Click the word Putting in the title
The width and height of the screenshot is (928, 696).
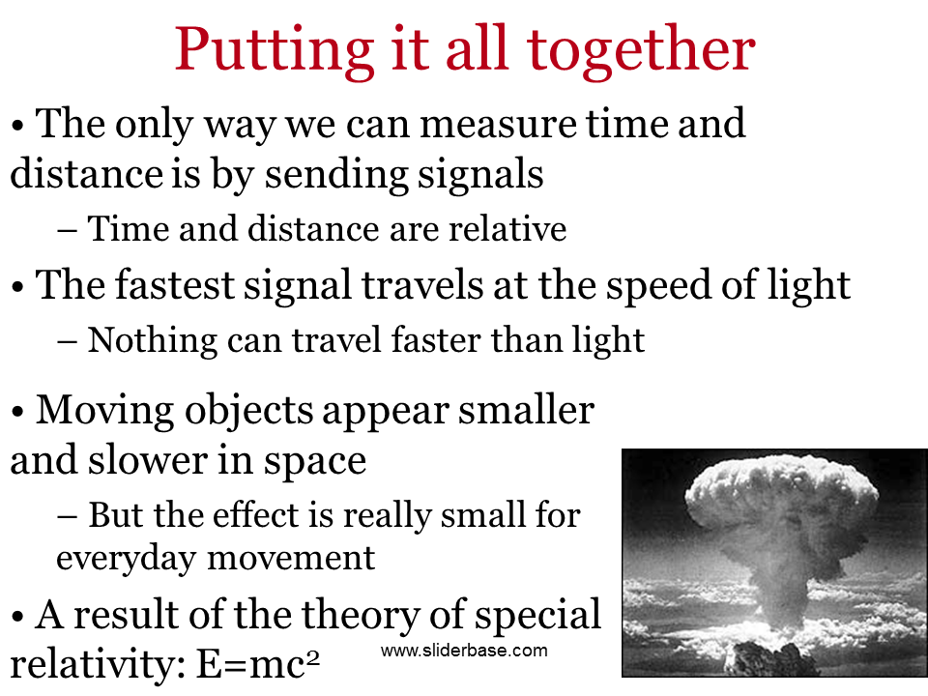point(274,51)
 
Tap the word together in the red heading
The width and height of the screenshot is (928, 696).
point(641,51)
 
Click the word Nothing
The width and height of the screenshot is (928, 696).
point(152,341)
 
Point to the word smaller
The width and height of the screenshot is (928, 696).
point(526,410)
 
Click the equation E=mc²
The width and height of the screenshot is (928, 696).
point(258,664)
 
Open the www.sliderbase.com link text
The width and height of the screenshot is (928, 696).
point(464,651)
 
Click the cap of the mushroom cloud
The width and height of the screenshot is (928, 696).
point(781,493)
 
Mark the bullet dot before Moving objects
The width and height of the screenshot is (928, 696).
point(17,413)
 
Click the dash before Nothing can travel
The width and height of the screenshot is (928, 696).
point(67,342)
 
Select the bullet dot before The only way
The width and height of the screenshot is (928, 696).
point(17,126)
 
